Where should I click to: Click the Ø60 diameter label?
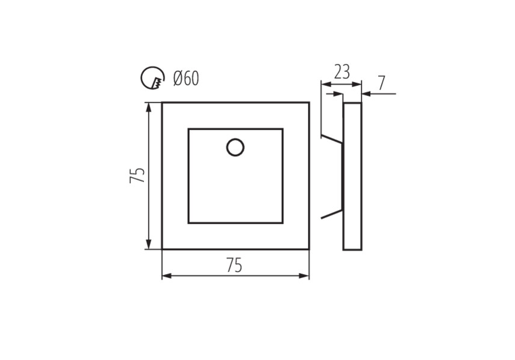click(186, 79)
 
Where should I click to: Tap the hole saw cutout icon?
click(152, 78)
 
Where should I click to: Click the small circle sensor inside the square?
click(235, 147)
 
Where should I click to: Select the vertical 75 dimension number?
click(137, 175)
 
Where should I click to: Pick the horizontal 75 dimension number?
click(234, 265)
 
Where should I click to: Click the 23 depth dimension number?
click(342, 72)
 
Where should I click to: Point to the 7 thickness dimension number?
click(381, 83)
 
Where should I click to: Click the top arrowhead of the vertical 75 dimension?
click(149, 107)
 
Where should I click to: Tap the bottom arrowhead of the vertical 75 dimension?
click(149, 244)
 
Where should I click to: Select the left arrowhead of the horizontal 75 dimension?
click(167, 276)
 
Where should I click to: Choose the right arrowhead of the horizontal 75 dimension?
click(304, 276)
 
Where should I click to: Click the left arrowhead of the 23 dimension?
click(326, 85)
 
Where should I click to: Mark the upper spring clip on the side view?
click(332, 139)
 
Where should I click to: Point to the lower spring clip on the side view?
click(332, 214)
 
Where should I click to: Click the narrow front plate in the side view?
click(352, 176)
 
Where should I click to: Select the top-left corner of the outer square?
click(162, 103)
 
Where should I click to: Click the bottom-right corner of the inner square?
click(283, 223)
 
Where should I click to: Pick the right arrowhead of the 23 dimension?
click(357, 85)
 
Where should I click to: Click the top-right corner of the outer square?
click(309, 103)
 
